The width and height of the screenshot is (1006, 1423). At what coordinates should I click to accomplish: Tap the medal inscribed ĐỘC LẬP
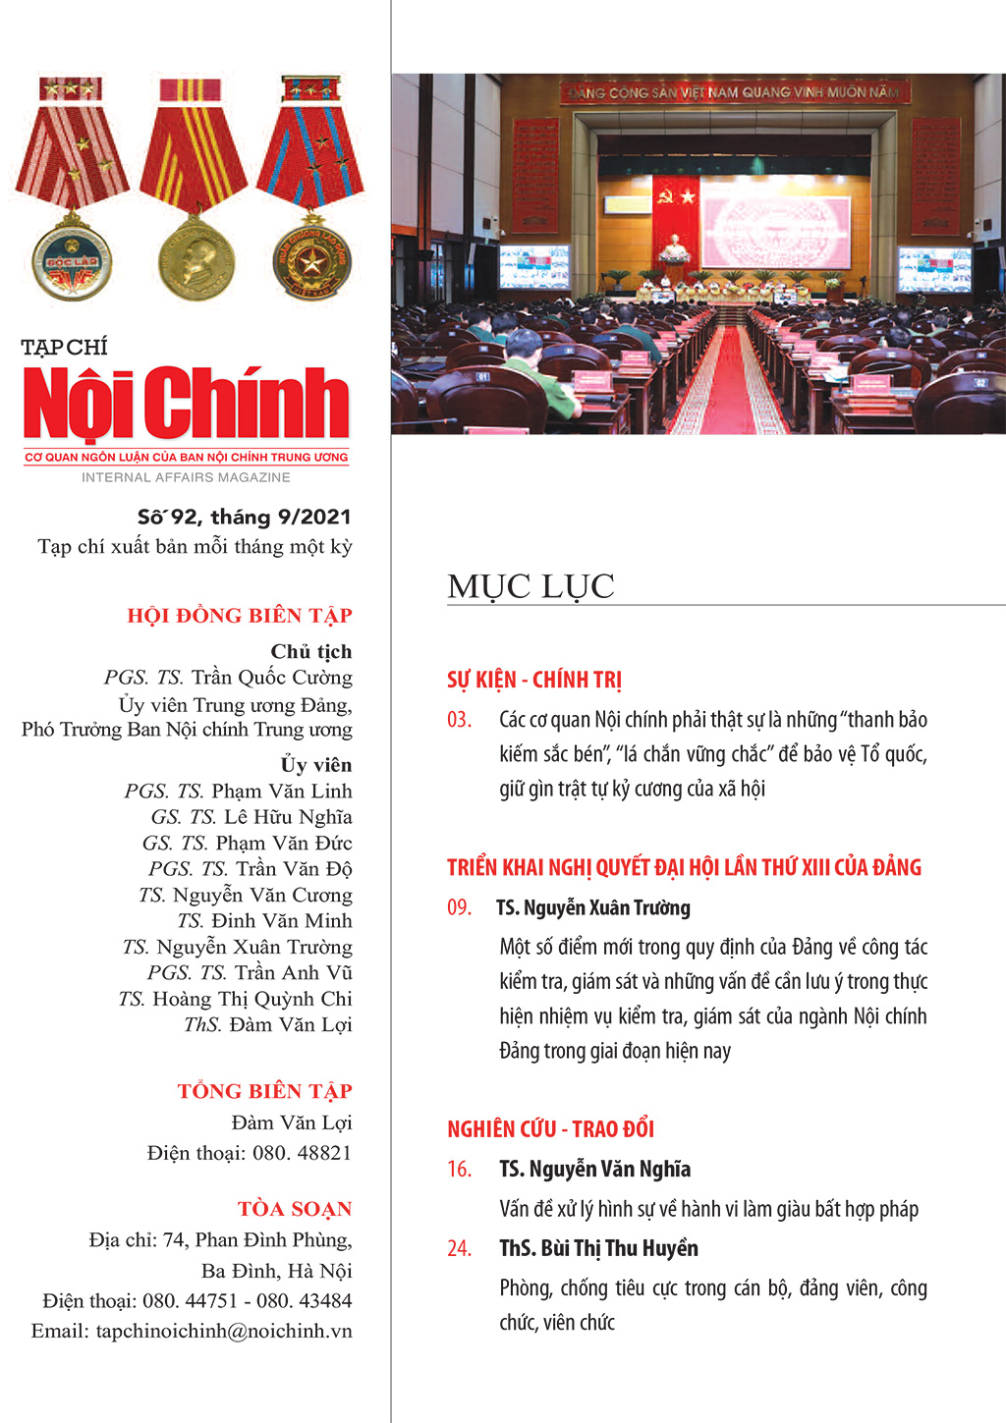coord(72,260)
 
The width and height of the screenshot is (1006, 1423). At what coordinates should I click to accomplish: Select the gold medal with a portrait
coord(196,260)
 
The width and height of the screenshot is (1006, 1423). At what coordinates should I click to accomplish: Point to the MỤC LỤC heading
coord(531,586)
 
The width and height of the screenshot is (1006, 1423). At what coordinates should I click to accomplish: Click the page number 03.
coord(459,720)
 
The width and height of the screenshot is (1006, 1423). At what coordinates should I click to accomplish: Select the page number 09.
coord(459,907)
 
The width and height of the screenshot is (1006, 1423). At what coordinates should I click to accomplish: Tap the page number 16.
coord(459,1169)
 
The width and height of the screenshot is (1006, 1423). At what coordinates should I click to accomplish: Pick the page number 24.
coord(459,1248)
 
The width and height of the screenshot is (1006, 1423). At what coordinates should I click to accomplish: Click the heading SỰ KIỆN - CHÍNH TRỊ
coord(533,680)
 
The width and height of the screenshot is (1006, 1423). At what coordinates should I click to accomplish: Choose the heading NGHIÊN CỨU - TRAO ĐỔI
coord(550,1128)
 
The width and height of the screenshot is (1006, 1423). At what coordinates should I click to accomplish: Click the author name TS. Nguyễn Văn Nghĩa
coord(594,1169)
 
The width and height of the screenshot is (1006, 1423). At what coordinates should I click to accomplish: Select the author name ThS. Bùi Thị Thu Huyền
coord(598,1248)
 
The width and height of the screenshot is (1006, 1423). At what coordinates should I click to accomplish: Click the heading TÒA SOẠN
coord(294,1209)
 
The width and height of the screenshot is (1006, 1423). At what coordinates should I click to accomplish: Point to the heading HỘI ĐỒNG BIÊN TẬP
coord(239,616)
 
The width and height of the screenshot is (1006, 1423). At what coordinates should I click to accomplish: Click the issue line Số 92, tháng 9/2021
coord(244,517)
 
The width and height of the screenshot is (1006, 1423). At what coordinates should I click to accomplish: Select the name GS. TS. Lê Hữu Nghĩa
coord(251,817)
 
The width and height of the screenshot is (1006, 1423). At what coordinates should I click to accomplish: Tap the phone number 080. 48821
coord(302,1153)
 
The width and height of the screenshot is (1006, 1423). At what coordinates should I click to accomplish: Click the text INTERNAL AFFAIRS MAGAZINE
coord(186,477)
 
